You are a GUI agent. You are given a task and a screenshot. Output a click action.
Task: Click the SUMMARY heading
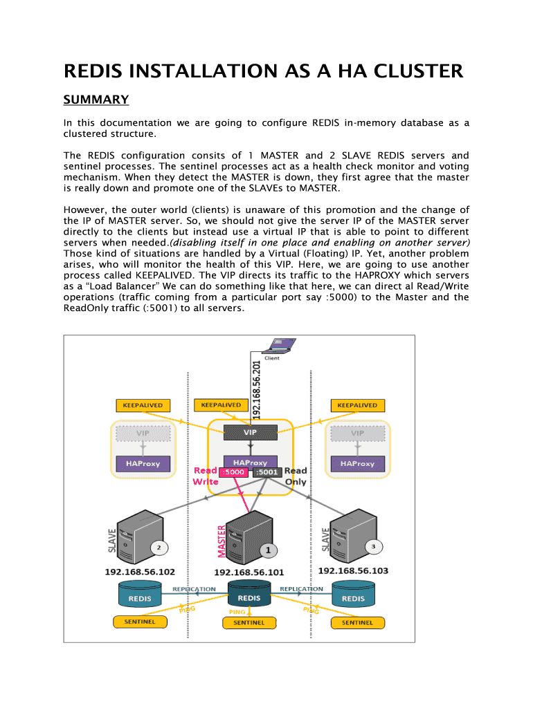[96, 100]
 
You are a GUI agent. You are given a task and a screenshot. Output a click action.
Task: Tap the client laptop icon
[282, 346]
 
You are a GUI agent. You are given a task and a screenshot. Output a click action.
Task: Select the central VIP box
[250, 432]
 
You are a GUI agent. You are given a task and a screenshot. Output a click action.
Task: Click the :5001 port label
[266, 472]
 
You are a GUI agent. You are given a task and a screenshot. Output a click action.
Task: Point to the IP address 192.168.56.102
[140, 572]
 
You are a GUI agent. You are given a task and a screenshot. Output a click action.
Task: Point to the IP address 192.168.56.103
[353, 571]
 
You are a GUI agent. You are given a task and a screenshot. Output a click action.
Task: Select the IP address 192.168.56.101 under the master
[249, 572]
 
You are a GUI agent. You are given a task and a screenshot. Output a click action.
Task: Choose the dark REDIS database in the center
[249, 598]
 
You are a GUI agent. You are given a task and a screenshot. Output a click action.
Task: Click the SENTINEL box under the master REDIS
[249, 623]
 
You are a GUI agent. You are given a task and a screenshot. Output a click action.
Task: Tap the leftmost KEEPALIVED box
[143, 404]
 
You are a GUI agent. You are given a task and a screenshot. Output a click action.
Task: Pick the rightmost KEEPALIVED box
[357, 404]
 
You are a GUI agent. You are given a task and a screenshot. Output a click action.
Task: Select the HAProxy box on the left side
[143, 464]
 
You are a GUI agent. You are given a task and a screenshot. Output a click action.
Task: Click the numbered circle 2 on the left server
[159, 548]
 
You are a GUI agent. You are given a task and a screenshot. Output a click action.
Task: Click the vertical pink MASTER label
[222, 541]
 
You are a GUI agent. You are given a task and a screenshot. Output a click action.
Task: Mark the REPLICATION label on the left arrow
[194, 589]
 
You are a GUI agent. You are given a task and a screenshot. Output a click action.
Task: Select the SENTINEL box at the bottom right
[357, 622]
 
